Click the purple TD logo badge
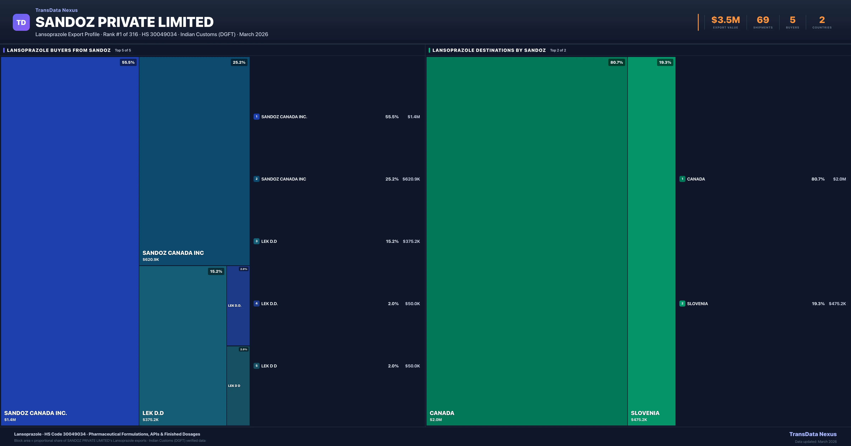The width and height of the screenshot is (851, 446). [21, 22]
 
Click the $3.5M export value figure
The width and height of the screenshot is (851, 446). [725, 20]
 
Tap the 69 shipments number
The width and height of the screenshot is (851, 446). [763, 20]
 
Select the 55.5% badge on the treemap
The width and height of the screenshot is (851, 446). [128, 62]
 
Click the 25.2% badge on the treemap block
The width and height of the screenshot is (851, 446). [239, 62]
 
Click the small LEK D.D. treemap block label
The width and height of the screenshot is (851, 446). [235, 305]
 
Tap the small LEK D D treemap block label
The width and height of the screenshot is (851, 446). [234, 386]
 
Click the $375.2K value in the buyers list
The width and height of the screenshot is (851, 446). [411, 241]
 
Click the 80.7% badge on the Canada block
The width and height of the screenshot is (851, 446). [616, 62]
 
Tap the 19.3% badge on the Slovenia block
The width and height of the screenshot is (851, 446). [665, 62]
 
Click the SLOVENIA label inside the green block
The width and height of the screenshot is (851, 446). [645, 413]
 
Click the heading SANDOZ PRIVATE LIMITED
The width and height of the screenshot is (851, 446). [124, 22]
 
